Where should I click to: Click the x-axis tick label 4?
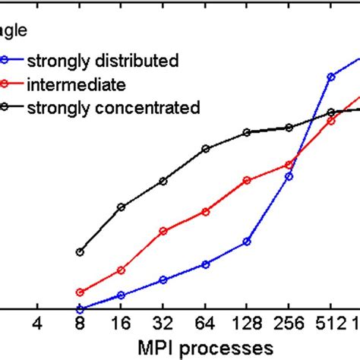click(x=37, y=324)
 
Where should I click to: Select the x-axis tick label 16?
click(x=121, y=324)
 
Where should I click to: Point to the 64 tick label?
click(x=205, y=324)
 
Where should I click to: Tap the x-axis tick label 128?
click(x=247, y=324)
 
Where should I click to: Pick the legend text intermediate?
click(x=76, y=83)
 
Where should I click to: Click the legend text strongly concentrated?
click(x=113, y=107)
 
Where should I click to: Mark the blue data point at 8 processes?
click(x=80, y=309)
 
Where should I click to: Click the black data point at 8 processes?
click(x=80, y=252)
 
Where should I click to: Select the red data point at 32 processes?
click(x=163, y=231)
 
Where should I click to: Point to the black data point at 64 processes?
click(x=205, y=149)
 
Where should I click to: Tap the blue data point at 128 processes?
click(x=247, y=242)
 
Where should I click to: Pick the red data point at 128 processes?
click(x=247, y=181)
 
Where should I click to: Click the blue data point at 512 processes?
click(x=331, y=77)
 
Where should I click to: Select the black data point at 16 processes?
click(x=121, y=207)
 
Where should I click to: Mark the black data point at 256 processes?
click(x=289, y=128)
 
